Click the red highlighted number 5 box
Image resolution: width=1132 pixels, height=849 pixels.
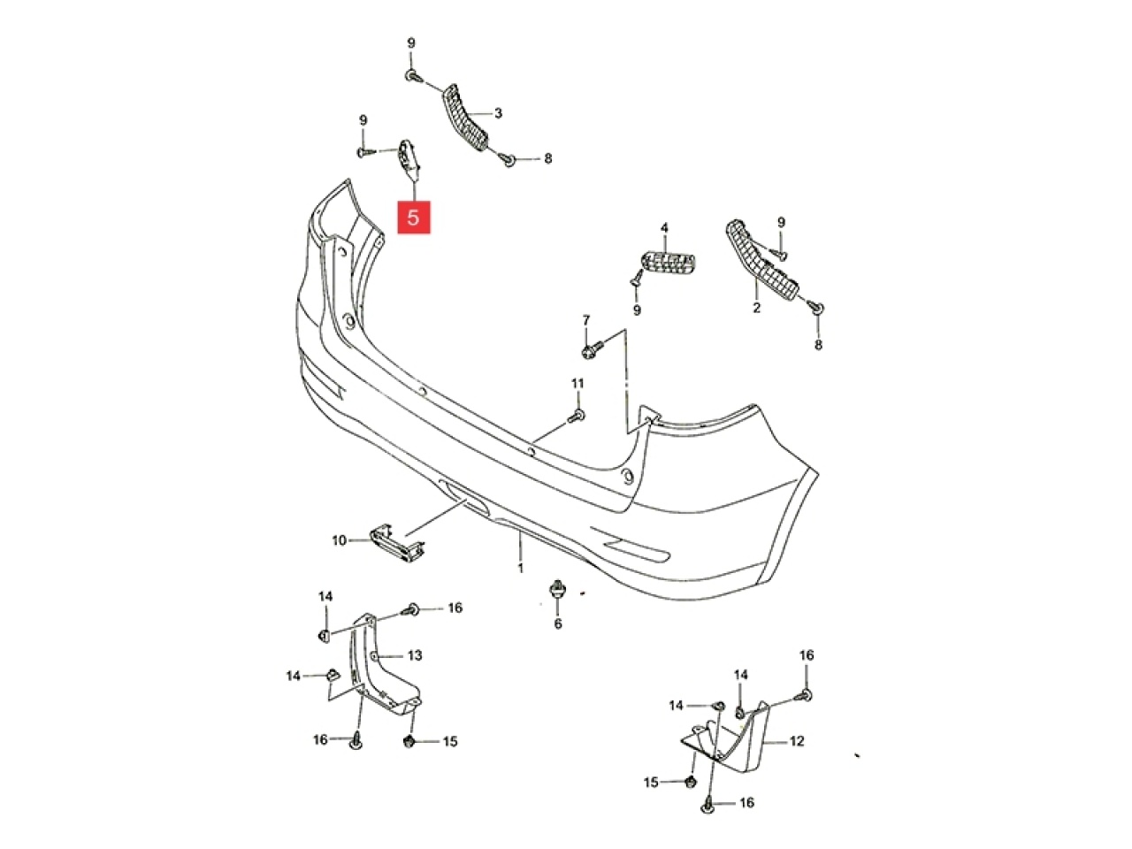tap(413, 217)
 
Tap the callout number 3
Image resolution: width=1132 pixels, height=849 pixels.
tap(498, 113)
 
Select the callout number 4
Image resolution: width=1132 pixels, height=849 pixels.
tap(664, 227)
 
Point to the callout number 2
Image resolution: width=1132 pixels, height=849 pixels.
tap(756, 308)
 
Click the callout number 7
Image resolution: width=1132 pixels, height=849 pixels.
tap(585, 320)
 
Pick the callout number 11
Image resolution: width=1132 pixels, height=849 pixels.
tap(577, 384)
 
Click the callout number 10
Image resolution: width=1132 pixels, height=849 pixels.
tap(339, 540)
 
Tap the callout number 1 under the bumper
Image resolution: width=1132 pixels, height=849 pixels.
tap(521, 568)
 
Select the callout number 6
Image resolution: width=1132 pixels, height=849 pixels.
tap(558, 623)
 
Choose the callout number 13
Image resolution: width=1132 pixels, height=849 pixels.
tap(415, 655)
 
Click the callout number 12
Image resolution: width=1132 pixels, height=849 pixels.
tap(797, 741)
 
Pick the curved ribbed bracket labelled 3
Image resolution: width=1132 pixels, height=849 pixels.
tap(465, 118)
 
